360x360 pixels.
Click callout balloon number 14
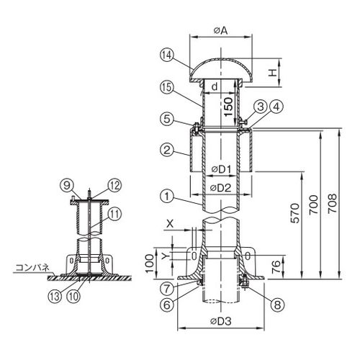(166, 55)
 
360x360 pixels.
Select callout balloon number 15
(166, 87)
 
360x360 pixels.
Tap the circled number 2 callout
(166, 150)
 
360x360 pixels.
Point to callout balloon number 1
(166, 197)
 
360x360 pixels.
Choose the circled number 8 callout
(277, 305)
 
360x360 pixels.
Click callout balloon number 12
(114, 186)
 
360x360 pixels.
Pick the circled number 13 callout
(55, 297)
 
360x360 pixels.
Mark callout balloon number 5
(166, 120)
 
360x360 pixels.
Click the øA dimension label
(220, 31)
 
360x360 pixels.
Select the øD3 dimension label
(221, 321)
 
